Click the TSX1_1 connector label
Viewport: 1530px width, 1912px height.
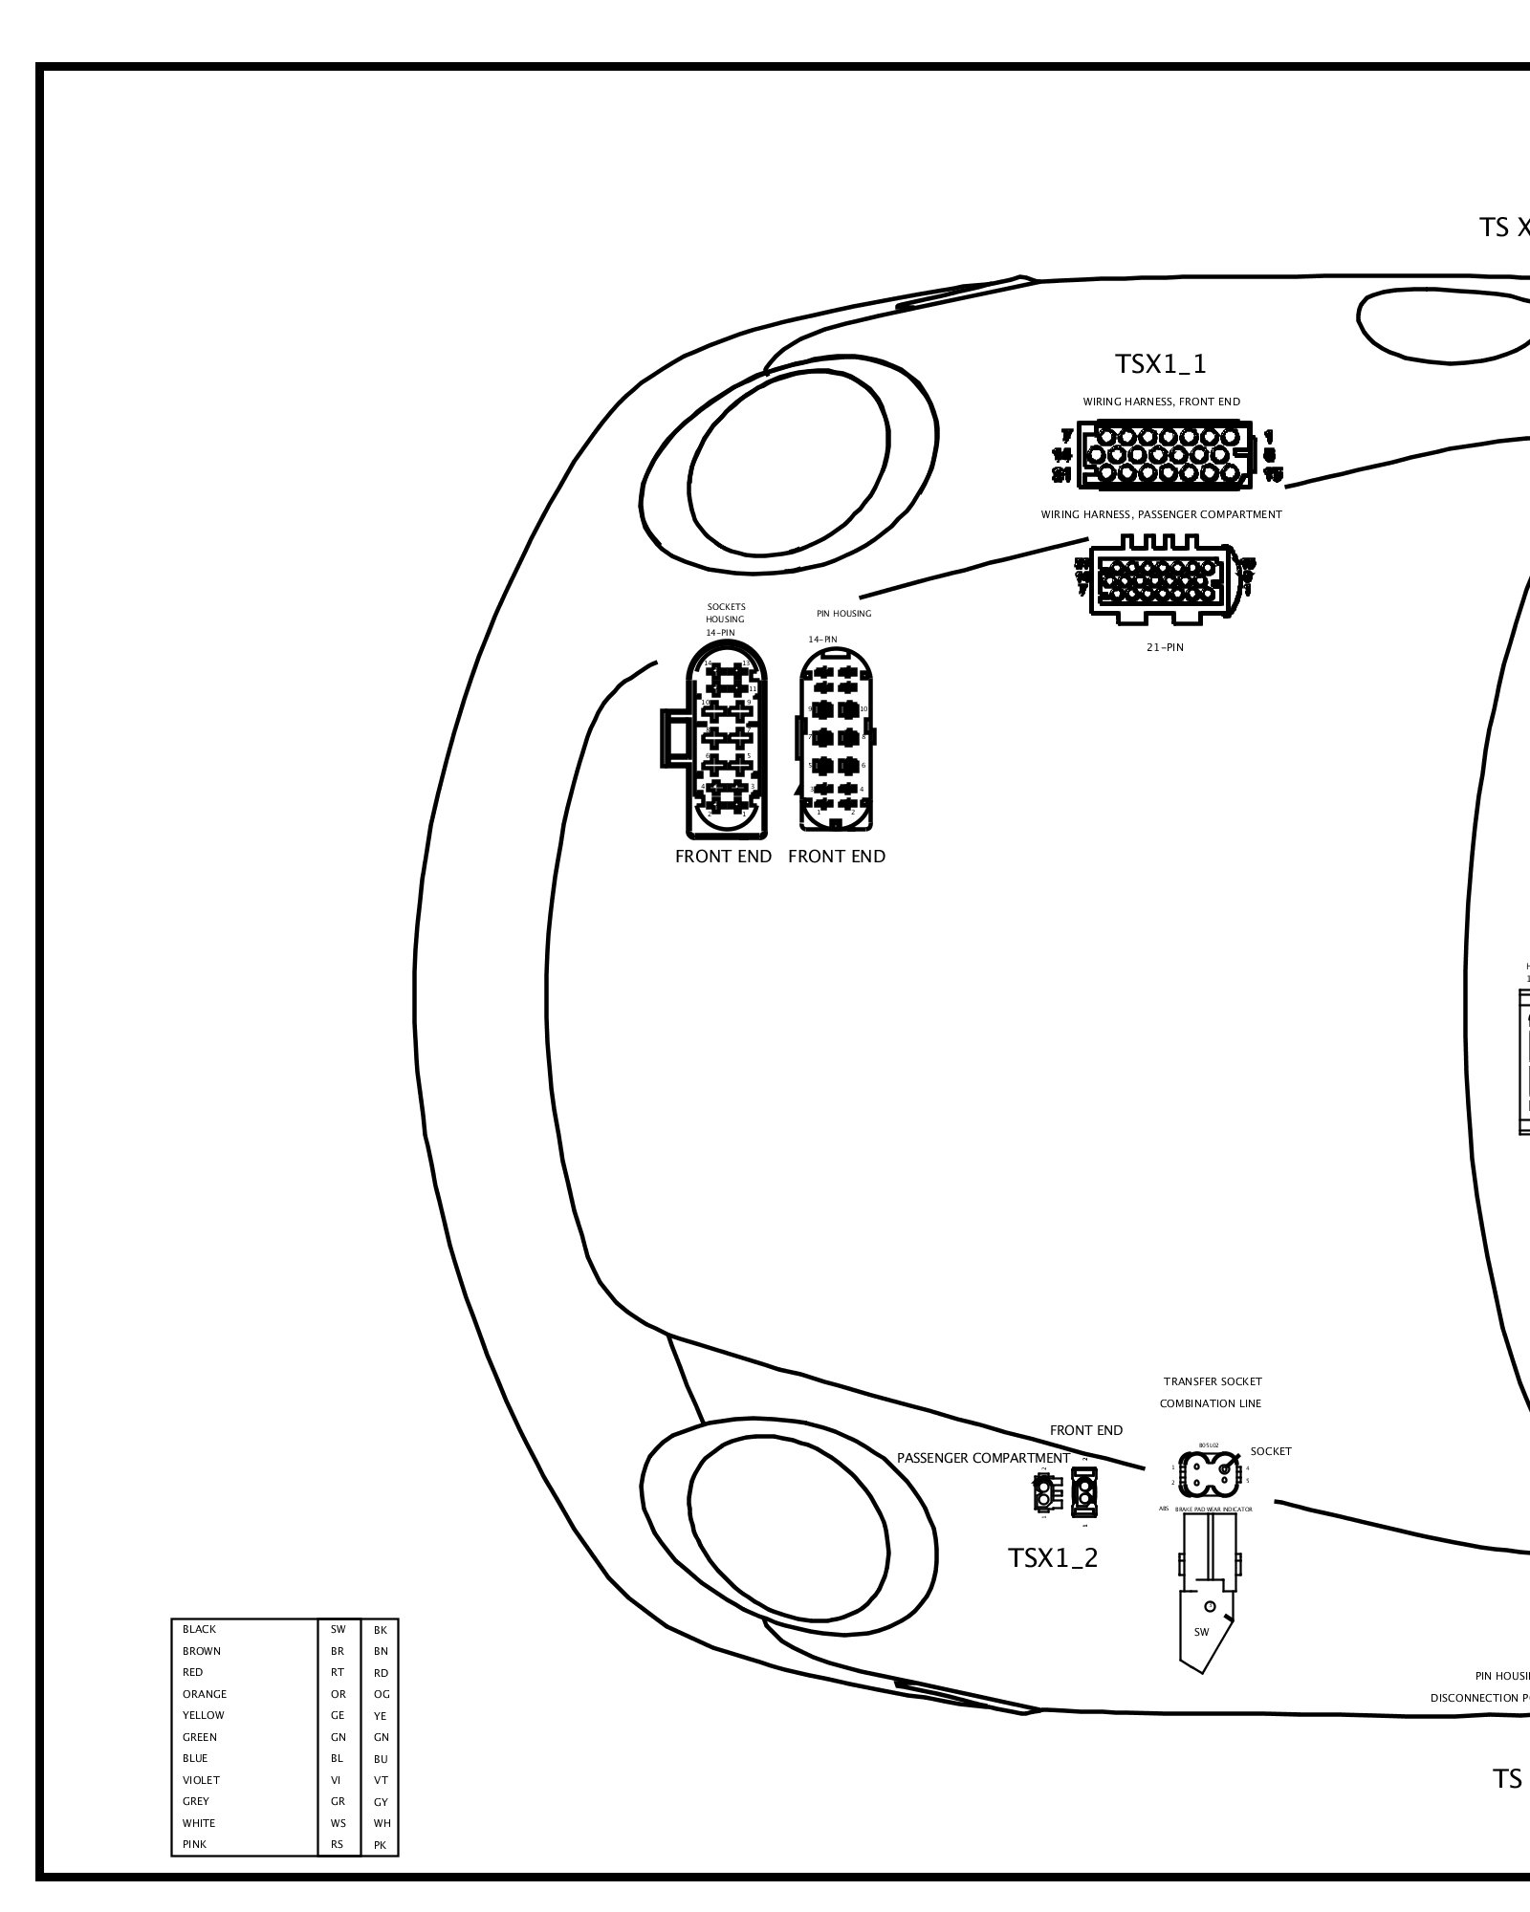pyautogui.click(x=1161, y=364)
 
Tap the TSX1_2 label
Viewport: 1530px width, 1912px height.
pyautogui.click(x=1053, y=1557)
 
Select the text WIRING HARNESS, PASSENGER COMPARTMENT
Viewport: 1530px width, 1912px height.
pyautogui.click(x=1161, y=514)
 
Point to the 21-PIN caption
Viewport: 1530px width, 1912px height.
pyautogui.click(x=1164, y=647)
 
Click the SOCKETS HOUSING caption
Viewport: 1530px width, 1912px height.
pyautogui.click(x=725, y=613)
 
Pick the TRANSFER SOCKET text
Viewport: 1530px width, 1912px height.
pyautogui.click(x=1213, y=1381)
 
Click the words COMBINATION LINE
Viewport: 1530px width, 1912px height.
pyautogui.click(x=1210, y=1403)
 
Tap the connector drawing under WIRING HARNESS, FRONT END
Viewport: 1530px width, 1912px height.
pyautogui.click(x=1163, y=454)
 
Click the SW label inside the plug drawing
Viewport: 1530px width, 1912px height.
pyautogui.click(x=1202, y=1632)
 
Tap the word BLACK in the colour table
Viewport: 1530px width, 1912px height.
pyautogui.click(x=200, y=1629)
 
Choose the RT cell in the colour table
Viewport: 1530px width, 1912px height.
pyautogui.click(x=338, y=1672)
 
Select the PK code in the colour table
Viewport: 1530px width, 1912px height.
pyautogui.click(x=381, y=1845)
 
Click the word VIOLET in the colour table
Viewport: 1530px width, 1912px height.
pyautogui.click(x=201, y=1780)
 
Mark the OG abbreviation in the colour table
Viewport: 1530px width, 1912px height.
pyautogui.click(x=382, y=1694)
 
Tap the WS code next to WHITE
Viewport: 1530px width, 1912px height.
pyautogui.click(x=339, y=1823)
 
